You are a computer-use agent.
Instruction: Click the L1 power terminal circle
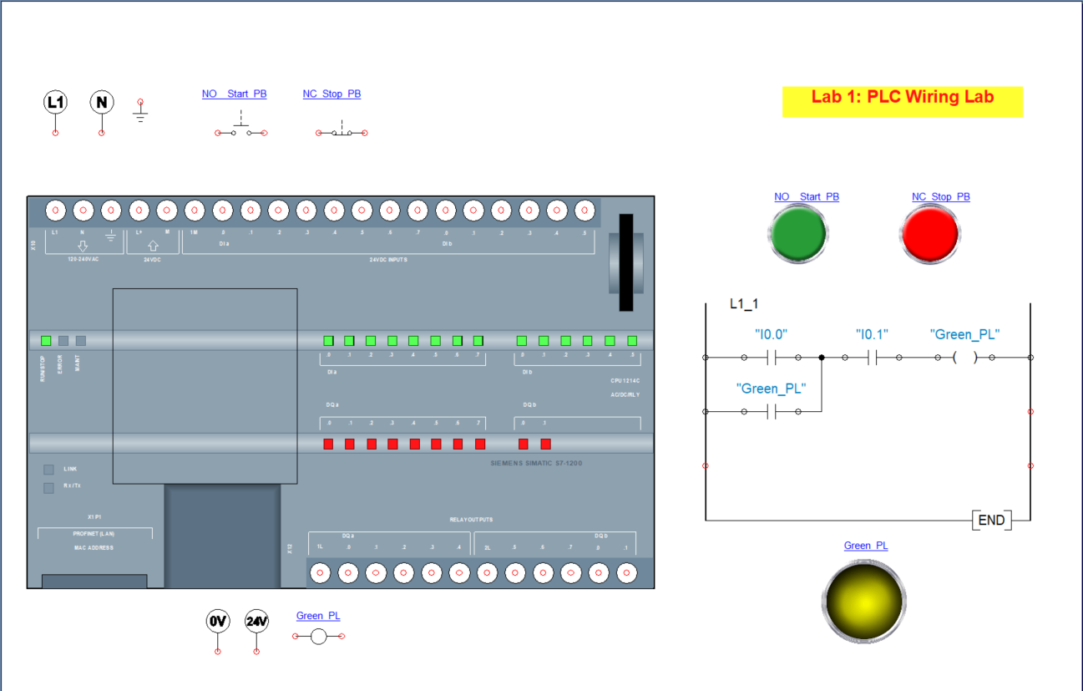[55, 103]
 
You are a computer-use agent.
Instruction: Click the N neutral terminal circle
[102, 103]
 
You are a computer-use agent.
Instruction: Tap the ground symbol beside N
[140, 112]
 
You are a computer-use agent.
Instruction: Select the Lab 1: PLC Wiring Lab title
[902, 98]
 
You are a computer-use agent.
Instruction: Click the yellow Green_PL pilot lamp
[865, 600]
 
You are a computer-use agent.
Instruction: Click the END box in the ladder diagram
[991, 520]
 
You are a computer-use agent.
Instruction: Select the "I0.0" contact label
[771, 334]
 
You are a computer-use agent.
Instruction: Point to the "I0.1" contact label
[872, 334]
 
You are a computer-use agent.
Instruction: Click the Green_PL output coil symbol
[964, 358]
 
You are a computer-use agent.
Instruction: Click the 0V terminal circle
[218, 622]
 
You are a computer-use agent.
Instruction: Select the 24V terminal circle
[257, 622]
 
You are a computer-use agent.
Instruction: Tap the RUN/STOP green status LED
[46, 341]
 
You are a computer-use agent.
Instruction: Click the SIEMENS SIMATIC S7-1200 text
[536, 462]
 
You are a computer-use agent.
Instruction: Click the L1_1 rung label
[744, 304]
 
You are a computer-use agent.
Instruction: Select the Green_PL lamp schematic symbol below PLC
[318, 637]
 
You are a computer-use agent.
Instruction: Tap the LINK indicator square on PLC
[48, 470]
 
